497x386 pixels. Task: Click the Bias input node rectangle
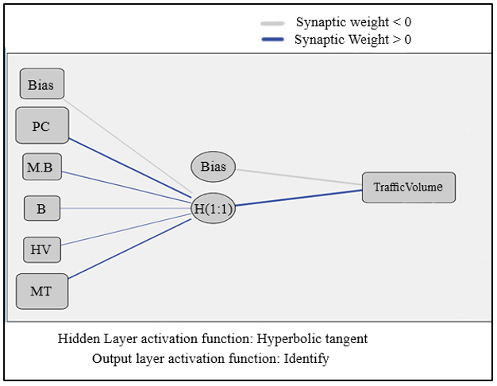pos(42,83)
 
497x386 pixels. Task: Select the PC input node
pos(42,125)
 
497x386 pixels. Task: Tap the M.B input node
pos(42,167)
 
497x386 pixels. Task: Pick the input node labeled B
pos(42,208)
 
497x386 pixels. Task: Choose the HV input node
pos(42,249)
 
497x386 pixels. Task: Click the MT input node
pos(42,291)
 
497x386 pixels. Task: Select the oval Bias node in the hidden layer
pos(213,167)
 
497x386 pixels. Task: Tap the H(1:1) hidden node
pos(213,208)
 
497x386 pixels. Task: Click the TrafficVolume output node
pos(409,187)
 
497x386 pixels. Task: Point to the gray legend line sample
pos(272,24)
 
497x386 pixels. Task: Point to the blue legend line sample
pos(272,40)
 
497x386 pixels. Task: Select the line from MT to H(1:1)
pos(130,249)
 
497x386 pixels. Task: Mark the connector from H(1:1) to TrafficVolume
pos(299,198)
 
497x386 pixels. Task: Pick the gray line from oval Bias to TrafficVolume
pos(299,177)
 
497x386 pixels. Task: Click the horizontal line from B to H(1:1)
pos(125,208)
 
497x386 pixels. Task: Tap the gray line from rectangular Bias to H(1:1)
pos(128,145)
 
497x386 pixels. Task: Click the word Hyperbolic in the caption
pos(287,339)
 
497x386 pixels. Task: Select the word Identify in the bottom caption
pos(306,359)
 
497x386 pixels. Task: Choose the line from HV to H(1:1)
pos(125,230)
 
